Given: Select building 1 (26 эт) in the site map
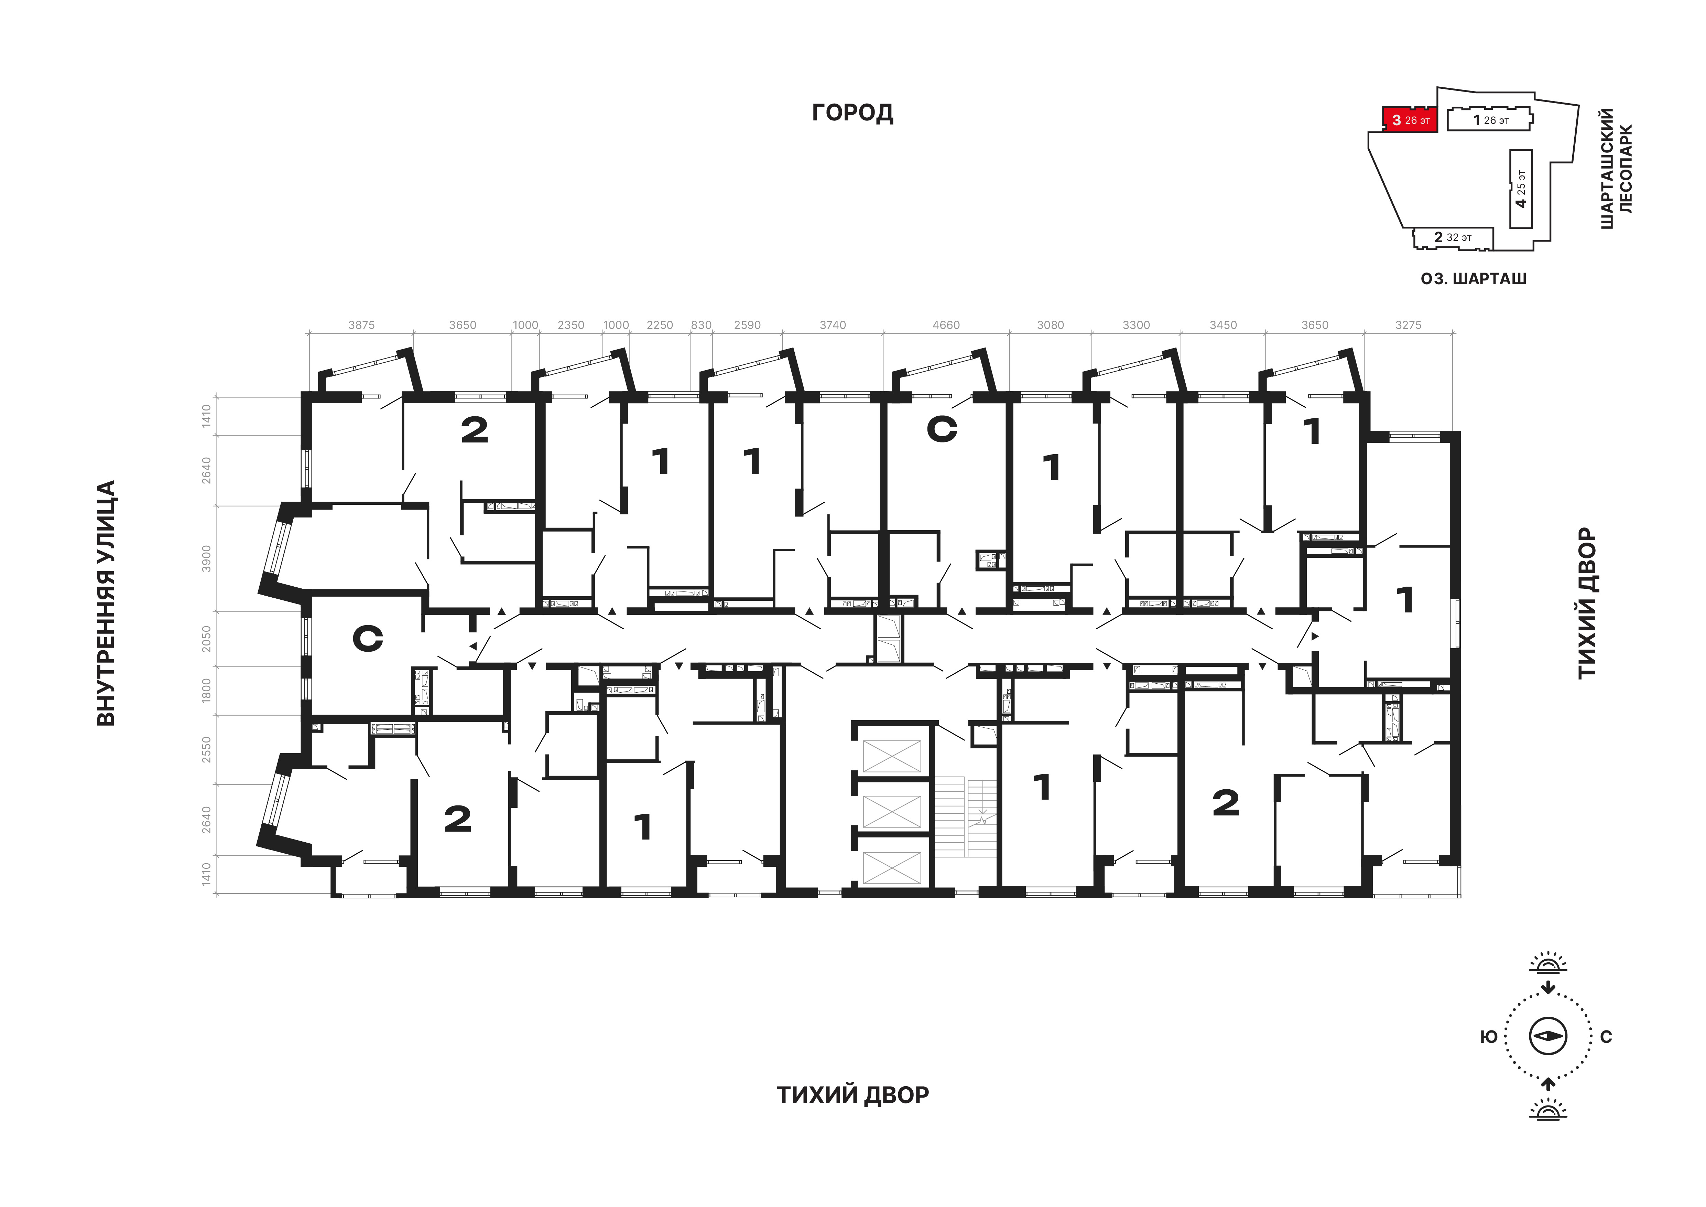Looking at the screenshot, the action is pos(1490,120).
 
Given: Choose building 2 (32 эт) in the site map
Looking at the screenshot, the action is pos(1453,238).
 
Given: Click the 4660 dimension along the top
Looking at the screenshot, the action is pos(946,325).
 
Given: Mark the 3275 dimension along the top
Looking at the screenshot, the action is pos(1408,325).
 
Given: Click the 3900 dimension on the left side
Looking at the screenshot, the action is pos(207,559).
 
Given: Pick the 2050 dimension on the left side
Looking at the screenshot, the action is pos(207,639).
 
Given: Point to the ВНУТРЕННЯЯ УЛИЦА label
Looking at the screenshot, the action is pos(107,603).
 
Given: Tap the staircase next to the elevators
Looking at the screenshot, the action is pos(965,817).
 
